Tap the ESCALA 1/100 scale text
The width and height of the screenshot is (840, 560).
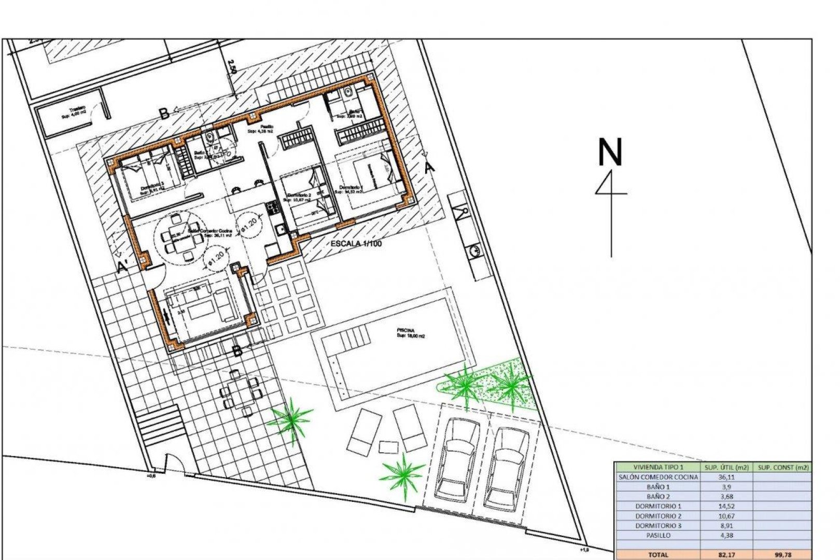tap(356, 243)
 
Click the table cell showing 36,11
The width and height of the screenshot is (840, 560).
tap(726, 477)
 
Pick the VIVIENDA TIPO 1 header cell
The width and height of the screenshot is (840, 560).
tap(657, 467)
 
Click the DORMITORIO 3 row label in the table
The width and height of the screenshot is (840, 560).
tap(657, 525)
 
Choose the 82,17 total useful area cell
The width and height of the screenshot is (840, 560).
tap(726, 554)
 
